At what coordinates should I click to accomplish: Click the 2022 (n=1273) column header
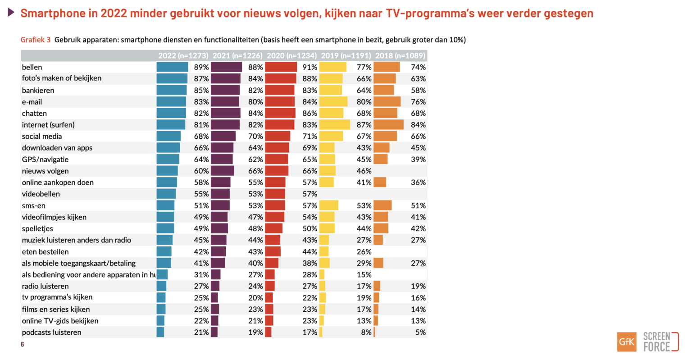click(x=183, y=56)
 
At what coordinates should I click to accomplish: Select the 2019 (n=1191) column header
click(x=346, y=56)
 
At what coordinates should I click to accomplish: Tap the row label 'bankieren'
click(x=38, y=90)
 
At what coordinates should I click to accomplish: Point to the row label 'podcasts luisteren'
click(x=51, y=333)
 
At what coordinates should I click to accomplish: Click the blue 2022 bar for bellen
click(x=172, y=67)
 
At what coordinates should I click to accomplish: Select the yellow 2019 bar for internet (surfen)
click(x=334, y=125)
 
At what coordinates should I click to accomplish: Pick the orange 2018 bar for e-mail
click(x=387, y=102)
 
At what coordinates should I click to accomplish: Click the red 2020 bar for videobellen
click(x=275, y=194)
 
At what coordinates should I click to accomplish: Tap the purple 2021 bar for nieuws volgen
click(x=222, y=171)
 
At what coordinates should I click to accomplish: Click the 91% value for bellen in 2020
click(x=310, y=67)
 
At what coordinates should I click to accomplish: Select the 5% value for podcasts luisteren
click(x=420, y=333)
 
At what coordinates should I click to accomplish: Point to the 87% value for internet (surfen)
click(x=364, y=125)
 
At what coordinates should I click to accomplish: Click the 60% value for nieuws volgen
click(x=201, y=171)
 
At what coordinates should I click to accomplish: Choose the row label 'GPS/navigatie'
click(x=45, y=159)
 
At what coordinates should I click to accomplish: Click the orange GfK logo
click(x=627, y=342)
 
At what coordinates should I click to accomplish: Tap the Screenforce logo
click(x=660, y=342)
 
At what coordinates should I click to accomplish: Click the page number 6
click(x=22, y=345)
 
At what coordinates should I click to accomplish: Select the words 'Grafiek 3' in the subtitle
click(x=36, y=40)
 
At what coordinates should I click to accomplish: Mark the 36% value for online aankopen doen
click(x=418, y=182)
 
